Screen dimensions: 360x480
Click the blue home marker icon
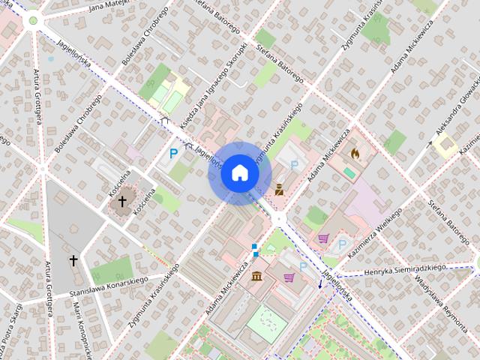(x=239, y=173)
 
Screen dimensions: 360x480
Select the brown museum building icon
(x=257, y=277)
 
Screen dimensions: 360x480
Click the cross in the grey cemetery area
(x=73, y=260)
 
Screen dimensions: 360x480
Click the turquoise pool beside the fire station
(x=349, y=172)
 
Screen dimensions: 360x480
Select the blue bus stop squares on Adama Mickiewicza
(x=255, y=249)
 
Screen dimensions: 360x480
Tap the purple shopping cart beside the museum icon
(x=289, y=277)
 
